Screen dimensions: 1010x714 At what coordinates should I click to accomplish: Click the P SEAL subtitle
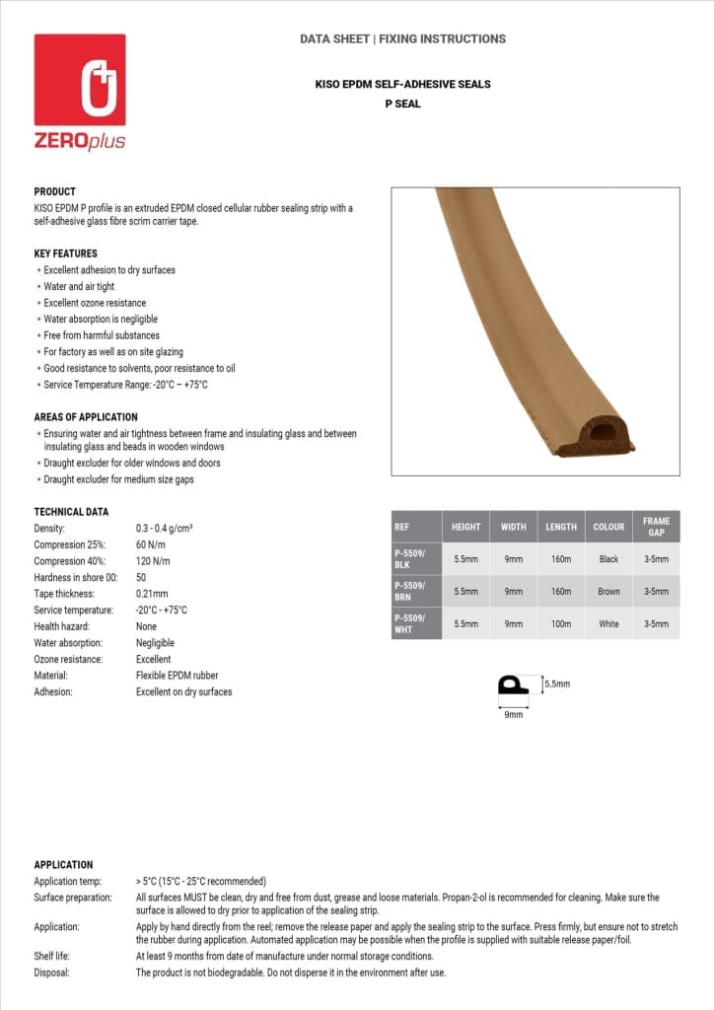pos(402,104)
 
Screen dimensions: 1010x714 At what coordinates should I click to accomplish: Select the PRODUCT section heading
pos(54,191)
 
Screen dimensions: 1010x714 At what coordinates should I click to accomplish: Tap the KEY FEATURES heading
pos(65,253)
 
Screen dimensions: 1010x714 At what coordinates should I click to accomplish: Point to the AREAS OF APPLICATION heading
pos(86,417)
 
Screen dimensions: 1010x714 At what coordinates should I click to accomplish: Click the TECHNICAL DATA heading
pos(71,512)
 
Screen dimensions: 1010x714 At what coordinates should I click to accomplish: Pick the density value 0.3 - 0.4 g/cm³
pos(164,529)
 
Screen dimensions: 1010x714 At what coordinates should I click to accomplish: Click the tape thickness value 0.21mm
pos(152,594)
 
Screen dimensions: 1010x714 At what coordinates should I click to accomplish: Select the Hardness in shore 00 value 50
pos(141,577)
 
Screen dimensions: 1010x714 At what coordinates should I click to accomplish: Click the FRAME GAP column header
pos(656,527)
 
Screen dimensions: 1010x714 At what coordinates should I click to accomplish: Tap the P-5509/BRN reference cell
pos(410,591)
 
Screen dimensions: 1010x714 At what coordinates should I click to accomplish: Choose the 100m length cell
pos(561,624)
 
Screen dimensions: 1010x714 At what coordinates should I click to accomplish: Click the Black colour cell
pos(608,559)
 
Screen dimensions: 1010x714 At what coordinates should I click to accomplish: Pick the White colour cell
pos(608,624)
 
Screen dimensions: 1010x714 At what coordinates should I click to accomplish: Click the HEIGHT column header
pos(465,527)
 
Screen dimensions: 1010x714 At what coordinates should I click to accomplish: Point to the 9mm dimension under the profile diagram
pos(513,714)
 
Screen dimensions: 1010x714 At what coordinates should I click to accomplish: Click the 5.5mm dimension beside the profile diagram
pos(556,684)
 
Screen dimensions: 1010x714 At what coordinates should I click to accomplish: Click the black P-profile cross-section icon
pos(513,687)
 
